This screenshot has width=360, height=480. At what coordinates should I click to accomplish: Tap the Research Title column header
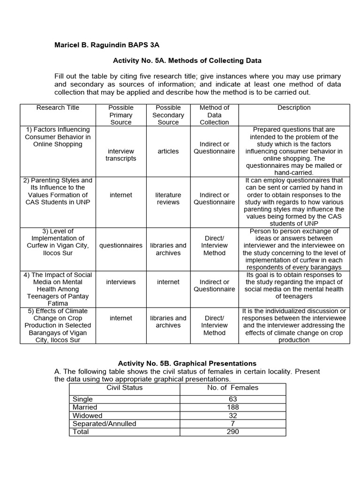tap(58, 108)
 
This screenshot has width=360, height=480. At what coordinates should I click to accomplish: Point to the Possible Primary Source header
tap(121, 115)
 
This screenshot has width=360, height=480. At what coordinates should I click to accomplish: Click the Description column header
tap(294, 108)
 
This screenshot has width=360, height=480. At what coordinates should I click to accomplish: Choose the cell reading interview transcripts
tap(121, 155)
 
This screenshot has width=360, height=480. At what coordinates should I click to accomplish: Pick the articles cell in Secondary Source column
tap(168, 151)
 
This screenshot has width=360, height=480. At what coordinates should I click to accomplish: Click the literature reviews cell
tap(168, 198)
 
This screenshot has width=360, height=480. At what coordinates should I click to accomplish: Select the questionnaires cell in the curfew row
tap(121, 245)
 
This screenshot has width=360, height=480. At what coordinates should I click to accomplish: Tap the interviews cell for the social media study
tap(121, 282)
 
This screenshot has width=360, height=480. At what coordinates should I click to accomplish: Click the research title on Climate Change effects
tap(58, 325)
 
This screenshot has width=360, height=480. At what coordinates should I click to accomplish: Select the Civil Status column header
tap(125, 388)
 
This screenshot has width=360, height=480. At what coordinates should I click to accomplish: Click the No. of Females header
tap(232, 388)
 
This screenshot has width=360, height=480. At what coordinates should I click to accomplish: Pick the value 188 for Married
tap(232, 407)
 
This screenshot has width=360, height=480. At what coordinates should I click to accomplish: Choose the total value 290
tap(232, 431)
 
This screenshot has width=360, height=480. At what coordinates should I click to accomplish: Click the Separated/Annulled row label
tap(104, 423)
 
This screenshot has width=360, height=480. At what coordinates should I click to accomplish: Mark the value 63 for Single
tap(232, 399)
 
